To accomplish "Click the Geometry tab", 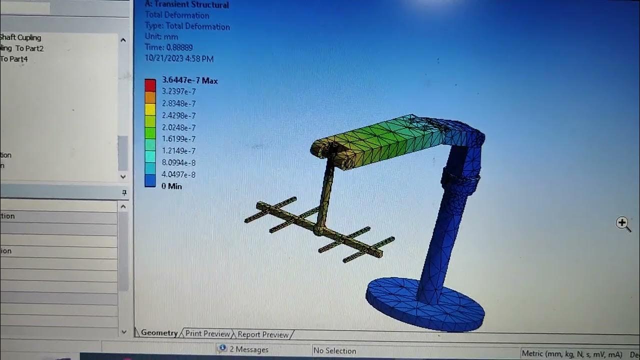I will tap(159, 333).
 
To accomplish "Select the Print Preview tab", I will tap(207, 334).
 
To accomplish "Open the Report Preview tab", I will tap(263, 334).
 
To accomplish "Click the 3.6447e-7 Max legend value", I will tap(189, 80).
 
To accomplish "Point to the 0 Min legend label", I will tap(171, 186).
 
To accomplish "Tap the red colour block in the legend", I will tap(150, 85).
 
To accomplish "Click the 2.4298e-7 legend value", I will tap(178, 115).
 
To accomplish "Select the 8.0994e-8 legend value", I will tap(178, 162).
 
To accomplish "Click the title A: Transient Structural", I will tap(186, 5).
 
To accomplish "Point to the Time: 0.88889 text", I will tap(168, 47).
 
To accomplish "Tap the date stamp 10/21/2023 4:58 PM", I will tap(179, 58).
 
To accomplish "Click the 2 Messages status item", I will tap(248, 349).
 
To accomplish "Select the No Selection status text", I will tap(334, 351).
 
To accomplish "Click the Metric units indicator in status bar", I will tap(572, 354).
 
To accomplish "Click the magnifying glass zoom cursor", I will tap(623, 223).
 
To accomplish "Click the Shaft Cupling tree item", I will tap(20, 37).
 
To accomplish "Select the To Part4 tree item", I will tap(14, 59).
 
